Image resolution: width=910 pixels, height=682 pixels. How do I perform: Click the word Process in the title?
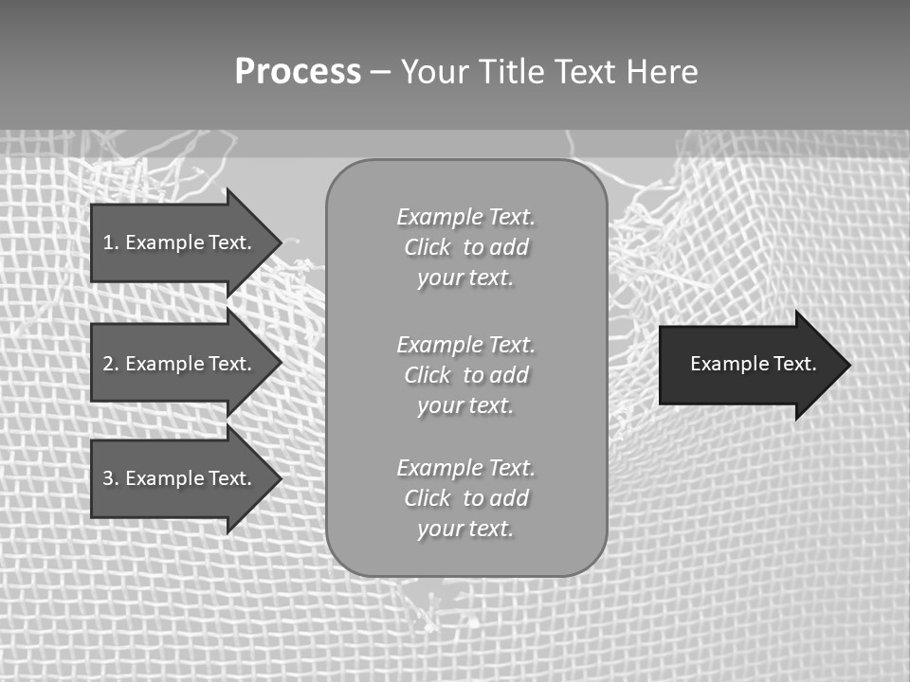[298, 72]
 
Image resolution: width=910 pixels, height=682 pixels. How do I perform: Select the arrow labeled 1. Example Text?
[180, 242]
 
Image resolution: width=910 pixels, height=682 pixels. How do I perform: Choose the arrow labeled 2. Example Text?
[180, 364]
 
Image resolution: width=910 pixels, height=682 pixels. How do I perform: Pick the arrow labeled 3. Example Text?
[180, 478]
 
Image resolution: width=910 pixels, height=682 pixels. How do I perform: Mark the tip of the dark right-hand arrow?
[848, 365]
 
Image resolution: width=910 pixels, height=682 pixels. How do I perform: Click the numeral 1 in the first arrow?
[108, 242]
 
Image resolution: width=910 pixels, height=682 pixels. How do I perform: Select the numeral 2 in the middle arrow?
[108, 364]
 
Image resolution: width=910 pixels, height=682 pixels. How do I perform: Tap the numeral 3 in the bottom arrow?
[108, 478]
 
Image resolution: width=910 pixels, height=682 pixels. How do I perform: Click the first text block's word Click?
[428, 247]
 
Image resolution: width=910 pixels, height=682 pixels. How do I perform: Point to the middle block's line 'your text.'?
[465, 405]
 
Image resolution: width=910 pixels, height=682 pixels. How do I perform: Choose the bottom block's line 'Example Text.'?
[465, 468]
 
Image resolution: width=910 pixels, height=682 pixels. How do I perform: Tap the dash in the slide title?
[380, 72]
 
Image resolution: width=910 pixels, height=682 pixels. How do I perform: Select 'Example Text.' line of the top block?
[465, 217]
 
